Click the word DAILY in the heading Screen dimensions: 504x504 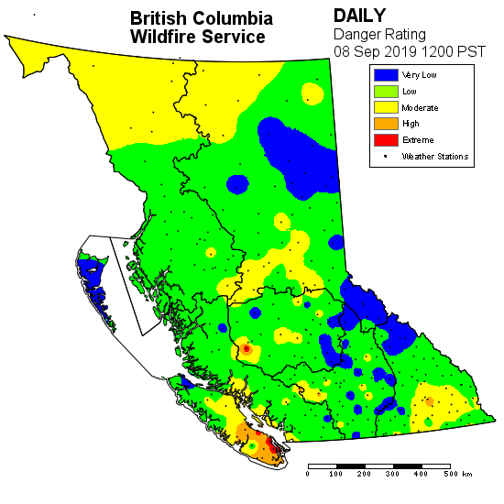click(x=360, y=16)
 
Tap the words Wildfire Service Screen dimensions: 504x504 click(x=198, y=37)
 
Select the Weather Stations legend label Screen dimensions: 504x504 click(x=435, y=157)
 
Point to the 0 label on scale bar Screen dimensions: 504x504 click(x=308, y=474)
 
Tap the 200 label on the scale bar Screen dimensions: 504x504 click(x=365, y=474)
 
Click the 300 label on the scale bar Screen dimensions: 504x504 click(x=393, y=474)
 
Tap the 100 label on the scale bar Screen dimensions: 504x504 click(x=336, y=474)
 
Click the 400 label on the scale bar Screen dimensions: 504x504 click(x=422, y=474)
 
